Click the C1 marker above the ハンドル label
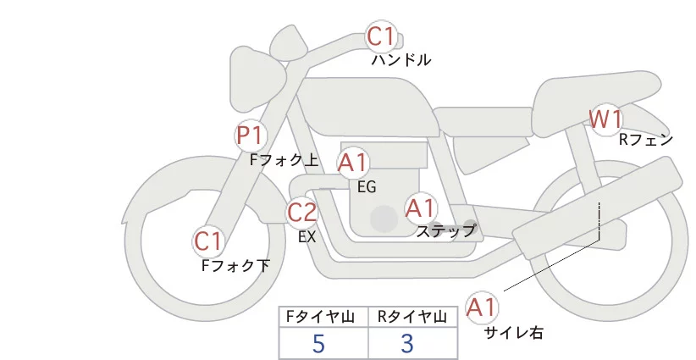[x=381, y=36]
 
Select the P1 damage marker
[x=251, y=135]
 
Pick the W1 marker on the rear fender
[x=606, y=119]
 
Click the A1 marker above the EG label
[x=353, y=162]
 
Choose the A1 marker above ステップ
[x=421, y=208]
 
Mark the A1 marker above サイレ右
[x=483, y=307]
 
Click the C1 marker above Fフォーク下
[x=208, y=241]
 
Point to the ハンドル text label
[x=401, y=60]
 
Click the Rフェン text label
[x=645, y=140]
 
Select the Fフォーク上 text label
[x=284, y=158]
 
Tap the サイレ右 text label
[x=513, y=333]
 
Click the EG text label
[x=367, y=186]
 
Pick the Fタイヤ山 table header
[x=323, y=317]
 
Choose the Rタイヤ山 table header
[x=414, y=317]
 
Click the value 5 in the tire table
[x=318, y=343]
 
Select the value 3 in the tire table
[x=407, y=343]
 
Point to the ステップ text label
[x=446, y=230]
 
